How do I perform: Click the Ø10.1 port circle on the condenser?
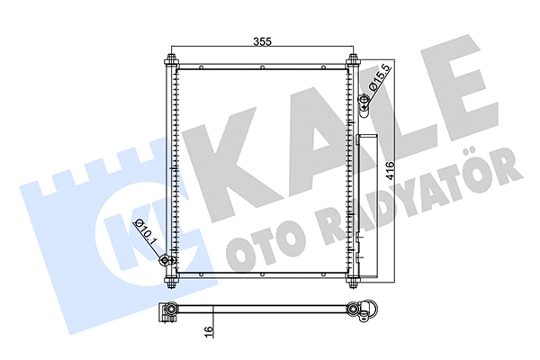coord(165,262)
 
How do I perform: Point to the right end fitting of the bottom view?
coord(364,310)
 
